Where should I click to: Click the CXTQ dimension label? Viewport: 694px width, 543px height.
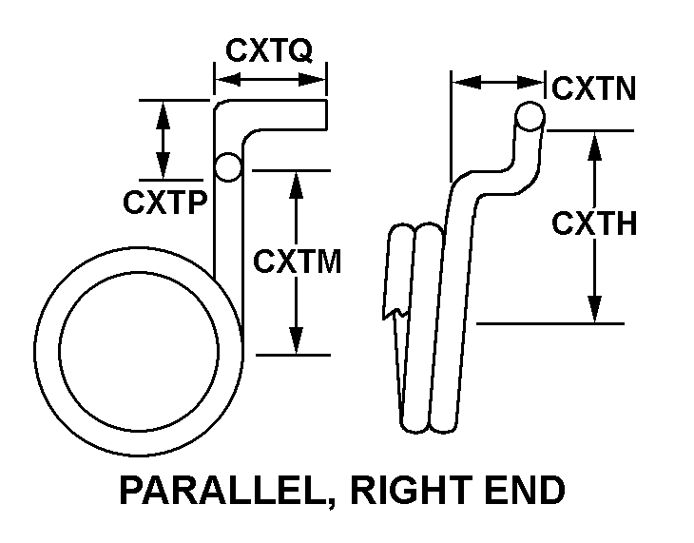(268, 49)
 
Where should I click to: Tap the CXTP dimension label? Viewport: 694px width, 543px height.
(164, 202)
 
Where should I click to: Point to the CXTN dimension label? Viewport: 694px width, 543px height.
(594, 89)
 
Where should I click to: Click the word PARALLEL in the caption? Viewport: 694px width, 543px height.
(223, 491)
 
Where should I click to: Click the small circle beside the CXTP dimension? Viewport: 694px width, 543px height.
(228, 167)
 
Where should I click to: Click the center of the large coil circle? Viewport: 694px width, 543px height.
(139, 353)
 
